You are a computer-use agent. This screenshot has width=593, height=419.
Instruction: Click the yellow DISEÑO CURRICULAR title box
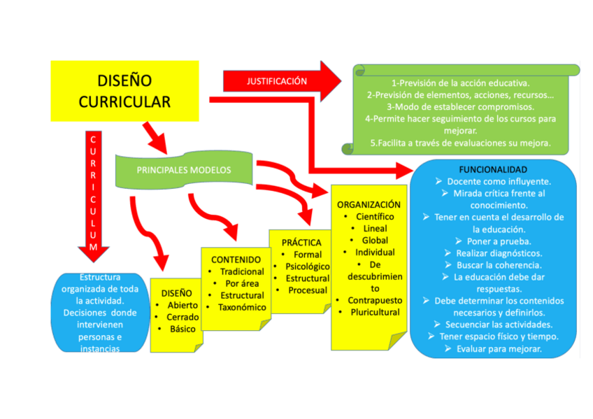124,91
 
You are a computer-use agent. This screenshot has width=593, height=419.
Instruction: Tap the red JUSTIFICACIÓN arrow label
277,81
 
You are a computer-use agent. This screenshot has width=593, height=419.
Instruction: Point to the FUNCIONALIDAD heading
492,170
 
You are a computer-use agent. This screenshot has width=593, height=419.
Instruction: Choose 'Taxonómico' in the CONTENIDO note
242,307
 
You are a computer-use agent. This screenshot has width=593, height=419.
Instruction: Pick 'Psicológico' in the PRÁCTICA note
308,267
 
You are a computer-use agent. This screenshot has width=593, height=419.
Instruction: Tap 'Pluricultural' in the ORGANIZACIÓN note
375,312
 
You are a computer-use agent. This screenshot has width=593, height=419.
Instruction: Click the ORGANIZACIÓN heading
369,205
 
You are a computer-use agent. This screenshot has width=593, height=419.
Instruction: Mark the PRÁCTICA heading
301,243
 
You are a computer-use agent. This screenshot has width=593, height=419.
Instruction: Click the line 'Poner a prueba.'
499,241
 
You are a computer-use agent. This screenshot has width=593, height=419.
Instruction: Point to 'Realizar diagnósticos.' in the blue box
499,253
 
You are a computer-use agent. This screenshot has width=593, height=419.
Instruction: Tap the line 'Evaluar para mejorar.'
499,348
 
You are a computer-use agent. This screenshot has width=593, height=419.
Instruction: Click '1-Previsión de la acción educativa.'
459,83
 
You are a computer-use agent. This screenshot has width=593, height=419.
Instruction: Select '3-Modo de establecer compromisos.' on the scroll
459,107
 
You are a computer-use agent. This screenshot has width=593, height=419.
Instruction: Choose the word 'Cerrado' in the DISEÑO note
183,317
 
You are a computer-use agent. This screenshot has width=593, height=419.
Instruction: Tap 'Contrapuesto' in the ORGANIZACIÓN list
375,300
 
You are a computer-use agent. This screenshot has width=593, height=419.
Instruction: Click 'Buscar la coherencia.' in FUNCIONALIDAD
499,265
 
